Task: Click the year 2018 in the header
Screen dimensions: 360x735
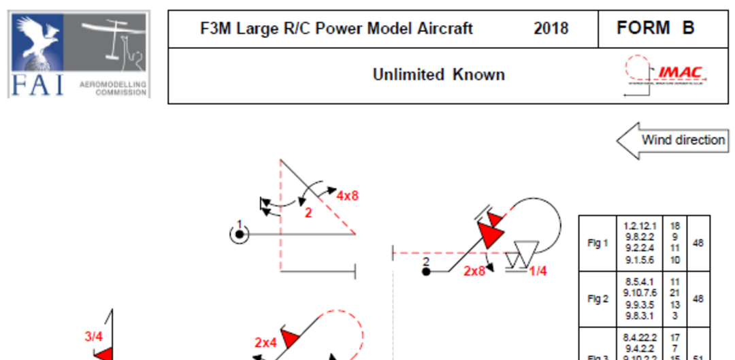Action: click(x=551, y=29)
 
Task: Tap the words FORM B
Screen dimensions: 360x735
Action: click(x=655, y=28)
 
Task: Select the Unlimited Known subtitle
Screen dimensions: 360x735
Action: click(x=438, y=75)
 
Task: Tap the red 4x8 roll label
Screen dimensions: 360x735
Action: click(x=347, y=196)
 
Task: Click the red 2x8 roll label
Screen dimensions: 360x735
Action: click(x=474, y=271)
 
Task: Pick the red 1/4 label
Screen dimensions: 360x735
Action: click(x=538, y=271)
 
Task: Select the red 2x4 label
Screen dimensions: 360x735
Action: click(x=265, y=343)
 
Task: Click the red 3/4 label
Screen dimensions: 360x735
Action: click(x=94, y=336)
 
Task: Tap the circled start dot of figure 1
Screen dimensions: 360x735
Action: click(x=240, y=234)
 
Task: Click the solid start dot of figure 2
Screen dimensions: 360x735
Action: click(x=426, y=272)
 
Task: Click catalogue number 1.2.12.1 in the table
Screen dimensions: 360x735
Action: click(x=640, y=225)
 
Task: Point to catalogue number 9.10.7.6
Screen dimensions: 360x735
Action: click(x=640, y=293)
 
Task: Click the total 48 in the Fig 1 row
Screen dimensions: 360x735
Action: click(x=699, y=243)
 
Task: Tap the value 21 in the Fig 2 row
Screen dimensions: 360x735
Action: click(x=675, y=293)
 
